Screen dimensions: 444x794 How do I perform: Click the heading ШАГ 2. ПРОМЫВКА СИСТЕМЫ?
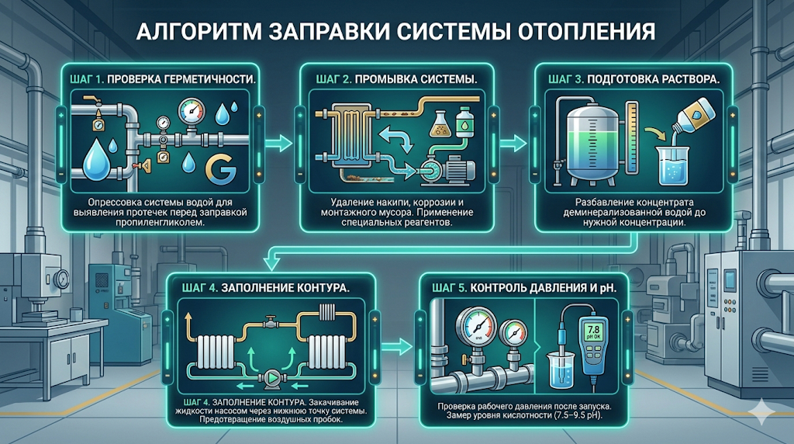pos(396,79)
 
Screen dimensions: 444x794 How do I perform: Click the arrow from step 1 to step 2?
pos(274,142)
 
